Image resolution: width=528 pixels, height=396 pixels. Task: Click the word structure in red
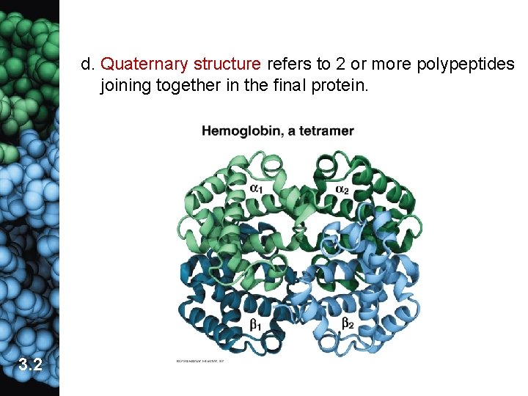click(x=224, y=65)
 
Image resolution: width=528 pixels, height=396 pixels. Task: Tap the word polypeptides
click(x=466, y=65)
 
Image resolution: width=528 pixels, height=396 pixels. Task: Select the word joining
click(x=125, y=86)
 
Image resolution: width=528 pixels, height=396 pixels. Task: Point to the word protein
click(x=345, y=86)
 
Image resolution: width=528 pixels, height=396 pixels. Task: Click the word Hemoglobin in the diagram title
click(x=236, y=132)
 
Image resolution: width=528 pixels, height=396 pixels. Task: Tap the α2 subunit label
click(x=342, y=189)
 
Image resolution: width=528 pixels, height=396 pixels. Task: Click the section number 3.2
click(x=30, y=364)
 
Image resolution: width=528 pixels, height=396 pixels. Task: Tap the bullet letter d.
click(x=87, y=65)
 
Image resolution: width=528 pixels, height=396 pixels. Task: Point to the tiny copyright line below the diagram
click(x=199, y=361)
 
